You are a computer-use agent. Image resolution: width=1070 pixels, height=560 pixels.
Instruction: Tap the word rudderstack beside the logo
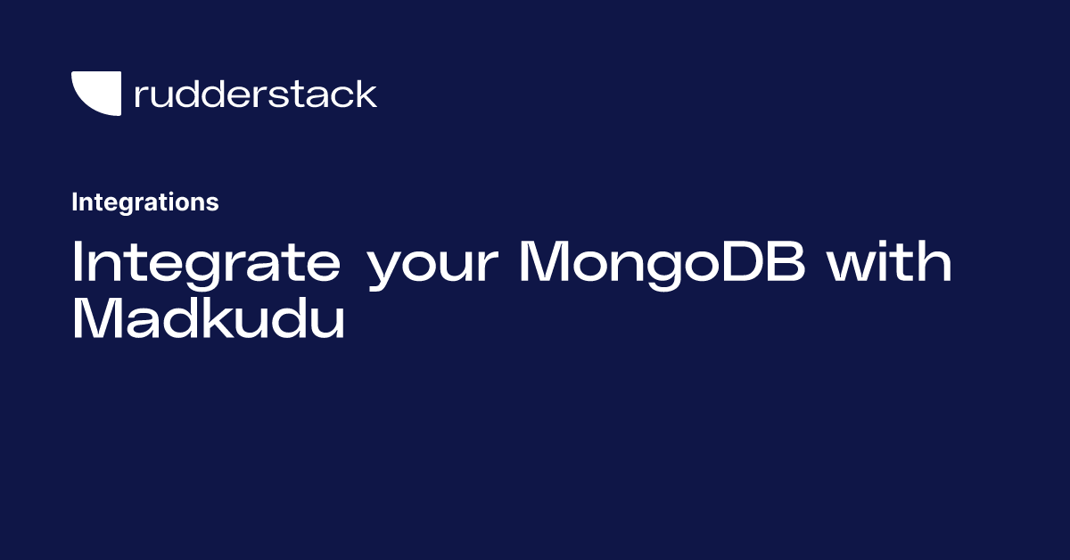256,94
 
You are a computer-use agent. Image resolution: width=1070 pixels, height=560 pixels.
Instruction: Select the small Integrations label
145,202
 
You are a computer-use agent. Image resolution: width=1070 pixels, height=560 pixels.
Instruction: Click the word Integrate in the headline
206,264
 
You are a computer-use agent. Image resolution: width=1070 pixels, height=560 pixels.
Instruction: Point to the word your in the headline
433,268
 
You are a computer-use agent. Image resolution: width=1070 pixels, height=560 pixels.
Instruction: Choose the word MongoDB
663,264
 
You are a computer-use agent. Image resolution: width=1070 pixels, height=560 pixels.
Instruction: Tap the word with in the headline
890,261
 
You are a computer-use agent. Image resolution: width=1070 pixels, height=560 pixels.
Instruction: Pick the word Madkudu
209,317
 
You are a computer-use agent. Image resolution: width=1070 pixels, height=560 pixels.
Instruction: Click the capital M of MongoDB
545,261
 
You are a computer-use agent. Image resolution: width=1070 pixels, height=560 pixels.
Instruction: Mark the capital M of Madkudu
98,318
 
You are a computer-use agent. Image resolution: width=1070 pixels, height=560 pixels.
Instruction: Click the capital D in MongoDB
743,261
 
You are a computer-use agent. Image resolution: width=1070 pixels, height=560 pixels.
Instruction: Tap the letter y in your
387,270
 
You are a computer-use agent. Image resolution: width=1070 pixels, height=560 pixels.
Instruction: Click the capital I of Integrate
76,261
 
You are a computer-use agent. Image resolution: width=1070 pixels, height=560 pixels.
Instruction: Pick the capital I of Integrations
74,202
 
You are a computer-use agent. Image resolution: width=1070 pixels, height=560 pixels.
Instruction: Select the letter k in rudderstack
365,94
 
